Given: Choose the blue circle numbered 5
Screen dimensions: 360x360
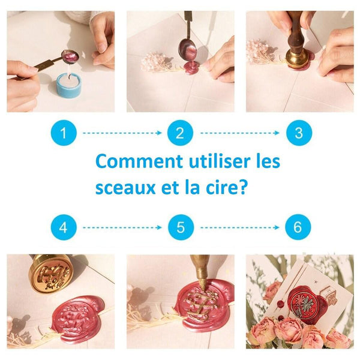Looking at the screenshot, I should click(180, 227).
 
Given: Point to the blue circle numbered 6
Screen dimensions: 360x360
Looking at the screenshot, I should click(298, 227).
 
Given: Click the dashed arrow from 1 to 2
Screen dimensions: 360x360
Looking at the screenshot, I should click(122, 133).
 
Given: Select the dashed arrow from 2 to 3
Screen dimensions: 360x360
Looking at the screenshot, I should click(239, 133).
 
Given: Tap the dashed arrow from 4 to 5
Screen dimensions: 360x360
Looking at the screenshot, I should click(122, 227).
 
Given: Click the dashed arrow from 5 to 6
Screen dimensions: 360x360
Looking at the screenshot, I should click(239, 227).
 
